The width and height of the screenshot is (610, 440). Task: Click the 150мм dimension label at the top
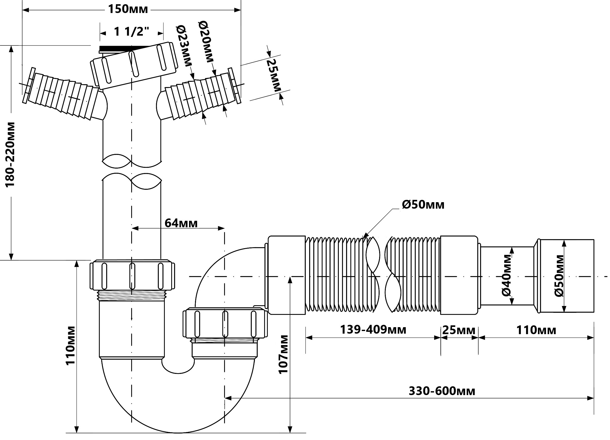[128, 9]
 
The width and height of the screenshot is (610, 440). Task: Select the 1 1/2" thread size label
[131, 32]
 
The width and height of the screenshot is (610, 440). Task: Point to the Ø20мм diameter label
[206, 42]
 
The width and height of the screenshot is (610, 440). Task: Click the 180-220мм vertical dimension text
[10, 155]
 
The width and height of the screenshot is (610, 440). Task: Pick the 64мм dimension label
[181, 223]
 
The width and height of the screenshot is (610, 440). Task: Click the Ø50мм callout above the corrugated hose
[423, 205]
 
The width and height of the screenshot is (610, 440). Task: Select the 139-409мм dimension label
[373, 329]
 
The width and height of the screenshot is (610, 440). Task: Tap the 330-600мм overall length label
[442, 391]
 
